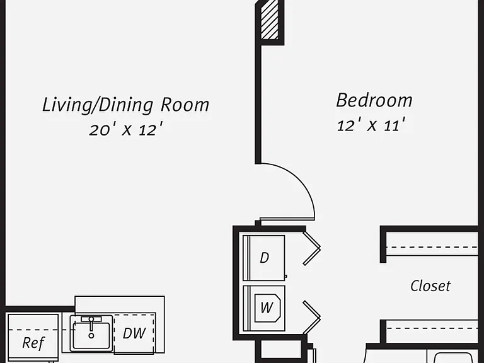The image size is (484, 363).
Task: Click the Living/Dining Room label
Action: (125, 105)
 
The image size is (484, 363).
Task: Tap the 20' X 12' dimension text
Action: (125, 129)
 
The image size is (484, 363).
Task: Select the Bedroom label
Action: (374, 100)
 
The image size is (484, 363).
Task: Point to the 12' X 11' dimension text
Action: (371, 125)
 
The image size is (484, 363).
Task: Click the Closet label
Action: (430, 286)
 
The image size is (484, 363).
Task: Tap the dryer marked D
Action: (264, 258)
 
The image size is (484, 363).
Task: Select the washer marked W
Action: (264, 308)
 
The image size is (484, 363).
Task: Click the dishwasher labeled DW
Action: (134, 333)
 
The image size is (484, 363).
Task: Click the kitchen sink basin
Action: (91, 333)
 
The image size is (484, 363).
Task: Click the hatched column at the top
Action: (270, 20)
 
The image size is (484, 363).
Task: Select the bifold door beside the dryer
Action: (312, 248)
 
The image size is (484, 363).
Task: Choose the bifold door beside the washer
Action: (312, 318)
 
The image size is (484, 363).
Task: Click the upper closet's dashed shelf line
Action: (432, 247)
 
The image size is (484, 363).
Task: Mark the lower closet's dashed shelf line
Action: (432, 328)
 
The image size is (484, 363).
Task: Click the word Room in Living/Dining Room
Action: (185, 105)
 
